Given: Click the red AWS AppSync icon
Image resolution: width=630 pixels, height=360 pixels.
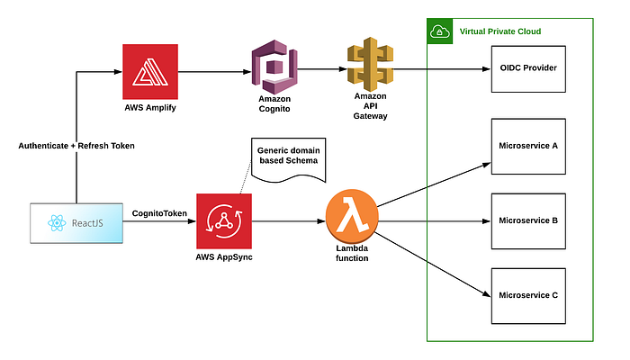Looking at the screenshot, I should [222, 220].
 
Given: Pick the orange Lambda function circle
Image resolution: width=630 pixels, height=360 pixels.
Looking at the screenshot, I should [352, 219].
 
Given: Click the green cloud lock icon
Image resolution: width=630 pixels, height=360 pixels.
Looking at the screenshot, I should [439, 31].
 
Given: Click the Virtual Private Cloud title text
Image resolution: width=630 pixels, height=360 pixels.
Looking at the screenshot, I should [499, 31].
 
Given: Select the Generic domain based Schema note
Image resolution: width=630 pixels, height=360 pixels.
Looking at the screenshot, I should [287, 158].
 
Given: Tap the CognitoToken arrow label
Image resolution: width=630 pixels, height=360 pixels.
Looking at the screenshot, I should [158, 212].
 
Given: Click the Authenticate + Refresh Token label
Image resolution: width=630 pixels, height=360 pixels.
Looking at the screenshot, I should [76, 145].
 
